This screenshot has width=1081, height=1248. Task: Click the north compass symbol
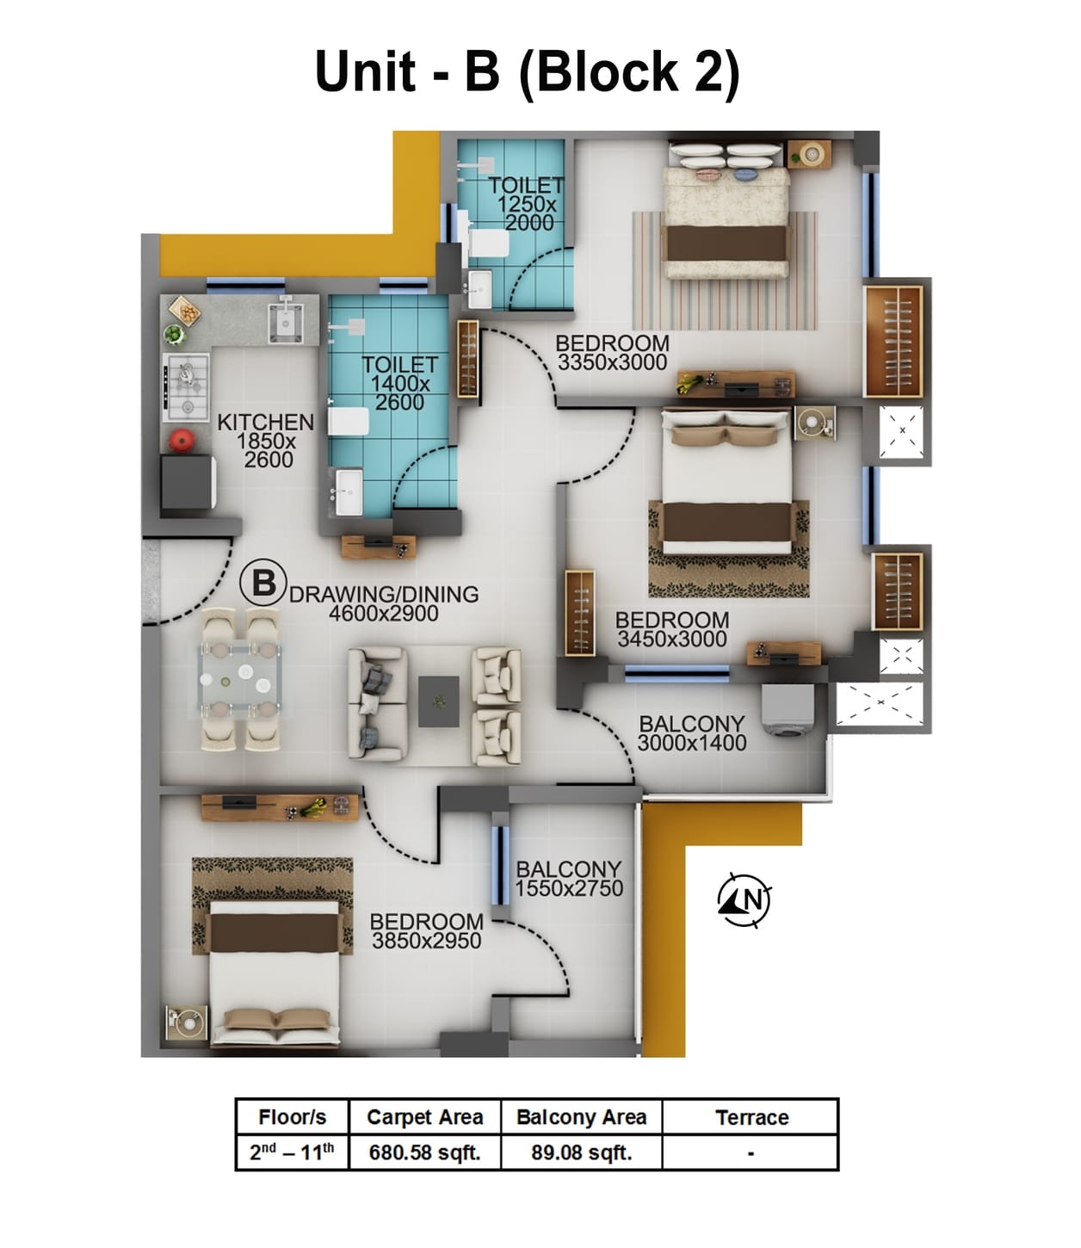744,900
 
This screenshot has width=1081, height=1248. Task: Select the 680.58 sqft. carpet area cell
424,1152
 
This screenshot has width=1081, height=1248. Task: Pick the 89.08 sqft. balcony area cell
581,1152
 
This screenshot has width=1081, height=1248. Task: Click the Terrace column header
751,1117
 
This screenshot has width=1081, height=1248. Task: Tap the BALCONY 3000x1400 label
692,733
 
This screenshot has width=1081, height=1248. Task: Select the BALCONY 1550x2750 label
569,879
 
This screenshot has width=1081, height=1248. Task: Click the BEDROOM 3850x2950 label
426,931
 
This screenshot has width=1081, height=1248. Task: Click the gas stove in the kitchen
187,387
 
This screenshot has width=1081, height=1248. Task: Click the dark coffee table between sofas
439,701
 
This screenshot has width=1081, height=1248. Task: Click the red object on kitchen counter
181,440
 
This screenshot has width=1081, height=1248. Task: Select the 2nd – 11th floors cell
292,1152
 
